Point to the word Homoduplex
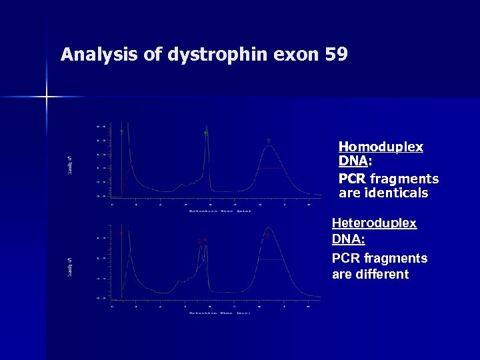coord(381,147)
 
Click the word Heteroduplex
coord(374,223)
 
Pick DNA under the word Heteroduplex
coord(348,239)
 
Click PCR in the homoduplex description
coord(352,179)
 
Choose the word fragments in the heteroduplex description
coord(397,258)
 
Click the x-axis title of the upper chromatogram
coord(219,211)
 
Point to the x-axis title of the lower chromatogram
coord(219,312)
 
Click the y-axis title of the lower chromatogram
coord(70,267)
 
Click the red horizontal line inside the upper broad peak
coord(269,169)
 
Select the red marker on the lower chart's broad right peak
coord(267,235)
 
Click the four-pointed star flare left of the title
coord(46,97)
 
